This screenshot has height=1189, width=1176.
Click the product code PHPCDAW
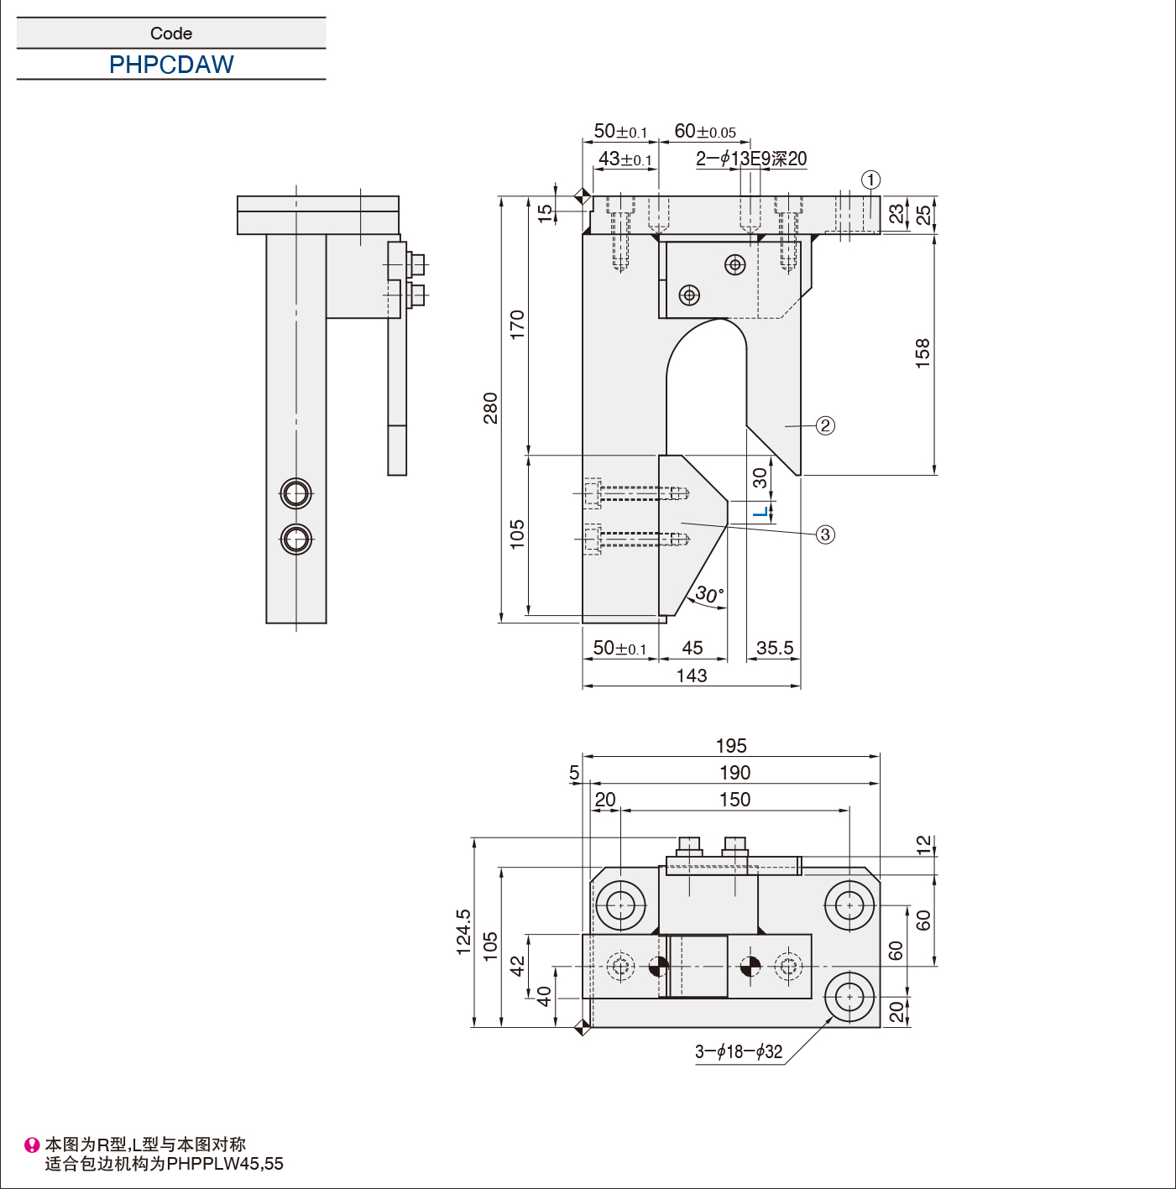click(171, 64)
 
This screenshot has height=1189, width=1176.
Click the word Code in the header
click(171, 34)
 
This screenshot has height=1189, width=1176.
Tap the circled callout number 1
click(870, 180)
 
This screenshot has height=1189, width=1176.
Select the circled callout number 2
click(825, 425)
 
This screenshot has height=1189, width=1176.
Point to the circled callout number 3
click(825, 535)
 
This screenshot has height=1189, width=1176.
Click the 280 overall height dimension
click(490, 408)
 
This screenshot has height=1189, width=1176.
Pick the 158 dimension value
click(923, 353)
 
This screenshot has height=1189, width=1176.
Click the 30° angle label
click(709, 593)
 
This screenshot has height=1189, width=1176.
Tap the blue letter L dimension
click(762, 511)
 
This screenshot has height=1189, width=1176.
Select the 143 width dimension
click(692, 675)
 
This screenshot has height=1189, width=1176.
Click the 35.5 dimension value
click(775, 648)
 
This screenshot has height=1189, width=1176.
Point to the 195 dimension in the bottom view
click(731, 746)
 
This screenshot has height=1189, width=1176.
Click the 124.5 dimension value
click(463, 931)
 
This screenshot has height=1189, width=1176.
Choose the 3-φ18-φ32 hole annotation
click(739, 1051)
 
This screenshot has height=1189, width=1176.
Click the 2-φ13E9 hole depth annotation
click(751, 159)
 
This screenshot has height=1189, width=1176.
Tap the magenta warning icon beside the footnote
click(32, 1145)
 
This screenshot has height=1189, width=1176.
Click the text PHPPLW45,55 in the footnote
click(225, 1164)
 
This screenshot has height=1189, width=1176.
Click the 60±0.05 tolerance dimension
click(705, 131)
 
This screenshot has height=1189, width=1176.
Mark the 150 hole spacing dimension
click(734, 800)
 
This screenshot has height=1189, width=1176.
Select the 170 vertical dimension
click(517, 324)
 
